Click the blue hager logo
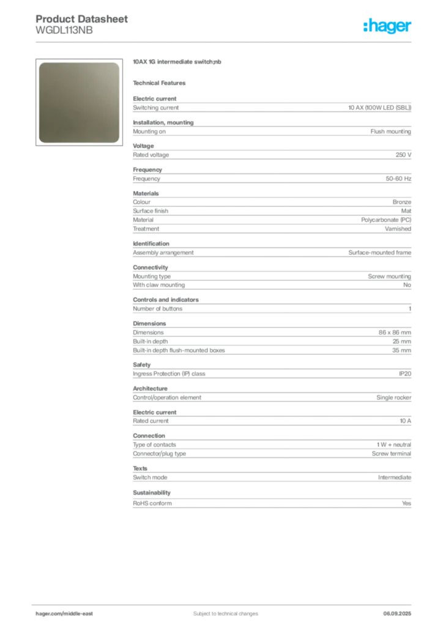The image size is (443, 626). (x=388, y=27)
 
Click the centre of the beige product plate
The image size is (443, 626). (x=78, y=102)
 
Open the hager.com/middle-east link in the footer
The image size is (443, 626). (x=68, y=613)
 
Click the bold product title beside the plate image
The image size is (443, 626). (x=178, y=63)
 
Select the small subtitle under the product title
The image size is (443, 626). (x=162, y=83)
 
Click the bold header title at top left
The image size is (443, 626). (x=82, y=18)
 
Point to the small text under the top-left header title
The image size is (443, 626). (x=64, y=32)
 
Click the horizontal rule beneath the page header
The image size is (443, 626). (x=225, y=42)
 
